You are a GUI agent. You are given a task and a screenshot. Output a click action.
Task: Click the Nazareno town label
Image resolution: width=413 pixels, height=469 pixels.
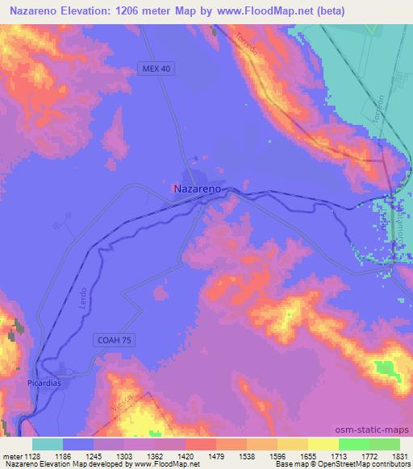pyautogui.click(x=198, y=187)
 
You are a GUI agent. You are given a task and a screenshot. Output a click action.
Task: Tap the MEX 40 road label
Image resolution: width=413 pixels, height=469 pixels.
pyautogui.click(x=157, y=68)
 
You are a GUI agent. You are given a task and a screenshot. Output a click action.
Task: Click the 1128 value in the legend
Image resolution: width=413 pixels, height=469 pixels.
pyautogui.click(x=32, y=455)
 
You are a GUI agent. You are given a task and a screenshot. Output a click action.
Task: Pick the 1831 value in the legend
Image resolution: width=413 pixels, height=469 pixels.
pyautogui.click(x=400, y=455)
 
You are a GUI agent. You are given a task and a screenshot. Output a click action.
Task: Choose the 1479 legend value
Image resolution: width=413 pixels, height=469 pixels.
pyautogui.click(x=216, y=455)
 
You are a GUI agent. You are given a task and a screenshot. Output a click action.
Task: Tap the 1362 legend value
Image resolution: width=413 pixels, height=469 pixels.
pyautogui.click(x=155, y=455)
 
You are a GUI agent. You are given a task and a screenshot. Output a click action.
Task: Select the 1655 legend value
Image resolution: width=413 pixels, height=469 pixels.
pyautogui.click(x=308, y=455)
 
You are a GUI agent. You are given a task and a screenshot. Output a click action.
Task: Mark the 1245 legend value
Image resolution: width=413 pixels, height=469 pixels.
pyautogui.click(x=94, y=455)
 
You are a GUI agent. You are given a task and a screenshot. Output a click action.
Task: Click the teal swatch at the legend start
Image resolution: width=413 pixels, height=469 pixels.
pyautogui.click(x=48, y=444)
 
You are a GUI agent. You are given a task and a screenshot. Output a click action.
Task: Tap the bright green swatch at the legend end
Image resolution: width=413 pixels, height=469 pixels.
pyautogui.click(x=385, y=444)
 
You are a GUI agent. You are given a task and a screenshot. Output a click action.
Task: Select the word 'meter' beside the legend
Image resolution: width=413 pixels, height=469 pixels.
pyautogui.click(x=11, y=455)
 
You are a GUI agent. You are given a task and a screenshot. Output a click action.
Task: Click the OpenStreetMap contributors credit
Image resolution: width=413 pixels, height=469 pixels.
pyautogui.click(x=369, y=464)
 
